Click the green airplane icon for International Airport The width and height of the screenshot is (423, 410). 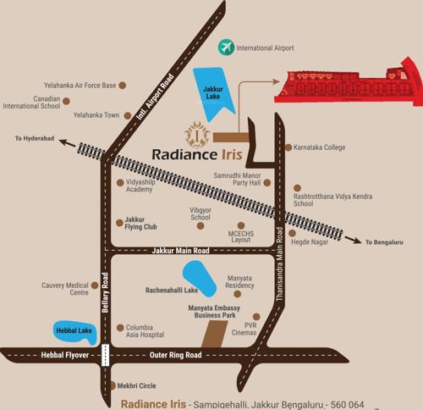(226, 48)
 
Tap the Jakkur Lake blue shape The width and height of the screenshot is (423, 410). (211, 91)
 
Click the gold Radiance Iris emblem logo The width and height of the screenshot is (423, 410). (197, 134)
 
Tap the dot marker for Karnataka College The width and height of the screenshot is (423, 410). (288, 147)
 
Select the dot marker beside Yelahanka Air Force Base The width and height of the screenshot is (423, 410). (123, 86)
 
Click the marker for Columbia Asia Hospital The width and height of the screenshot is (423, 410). (119, 327)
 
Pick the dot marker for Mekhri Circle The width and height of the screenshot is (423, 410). (113, 385)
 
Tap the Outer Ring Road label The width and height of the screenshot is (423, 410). (175, 355)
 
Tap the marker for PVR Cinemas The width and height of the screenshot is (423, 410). (238, 324)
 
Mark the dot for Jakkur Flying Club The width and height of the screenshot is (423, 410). (119, 223)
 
